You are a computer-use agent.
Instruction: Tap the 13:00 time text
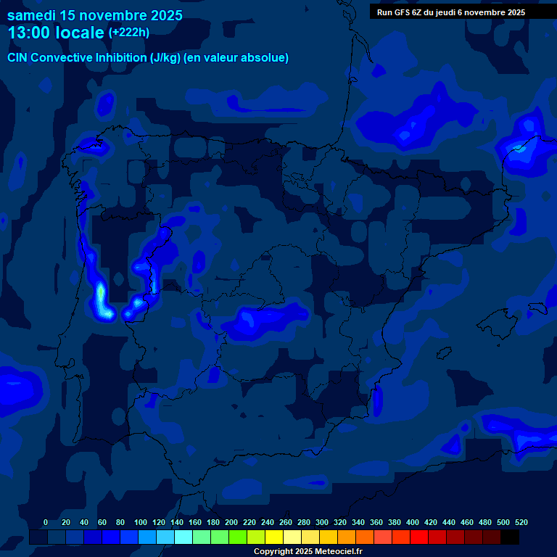[28, 33]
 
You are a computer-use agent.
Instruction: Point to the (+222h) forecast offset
[129, 32]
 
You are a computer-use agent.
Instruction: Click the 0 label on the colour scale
[46, 522]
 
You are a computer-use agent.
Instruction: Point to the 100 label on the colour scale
[141, 522]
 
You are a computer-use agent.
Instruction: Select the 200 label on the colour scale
[231, 522]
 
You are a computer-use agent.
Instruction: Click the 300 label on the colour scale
[322, 522]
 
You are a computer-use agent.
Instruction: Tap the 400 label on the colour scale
[413, 522]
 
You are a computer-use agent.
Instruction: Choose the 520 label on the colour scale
[521, 522]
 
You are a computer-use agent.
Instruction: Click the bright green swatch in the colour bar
[238, 537]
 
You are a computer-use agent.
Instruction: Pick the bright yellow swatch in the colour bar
[274, 537]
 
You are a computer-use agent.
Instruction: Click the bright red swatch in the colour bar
[419, 537]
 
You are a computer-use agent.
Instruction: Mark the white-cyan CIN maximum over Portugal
[101, 298]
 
